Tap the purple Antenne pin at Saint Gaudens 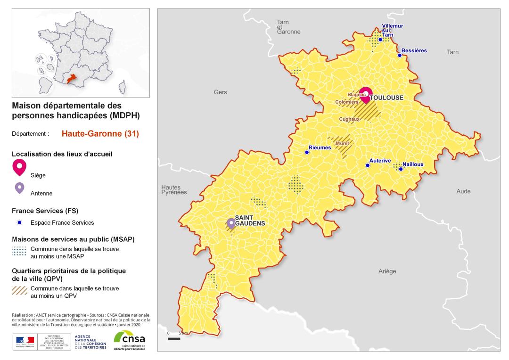point(231,223)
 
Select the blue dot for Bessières point(400,55)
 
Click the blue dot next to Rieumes point(307,152)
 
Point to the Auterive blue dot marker point(368,165)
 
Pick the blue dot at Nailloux point(401,169)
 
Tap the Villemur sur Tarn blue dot point(380,40)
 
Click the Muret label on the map point(342,143)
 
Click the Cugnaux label point(350,119)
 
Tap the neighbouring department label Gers point(220,92)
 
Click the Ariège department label point(387,271)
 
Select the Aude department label point(463,191)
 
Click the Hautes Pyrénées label point(174,189)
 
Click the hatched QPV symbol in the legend point(19,289)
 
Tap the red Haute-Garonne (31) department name point(100,134)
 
